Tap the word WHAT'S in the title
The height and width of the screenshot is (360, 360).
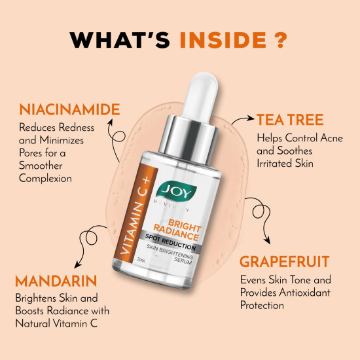[x=121, y=39]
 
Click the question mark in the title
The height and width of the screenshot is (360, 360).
[x=280, y=39]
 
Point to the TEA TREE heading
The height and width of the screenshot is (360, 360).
[x=290, y=120]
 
